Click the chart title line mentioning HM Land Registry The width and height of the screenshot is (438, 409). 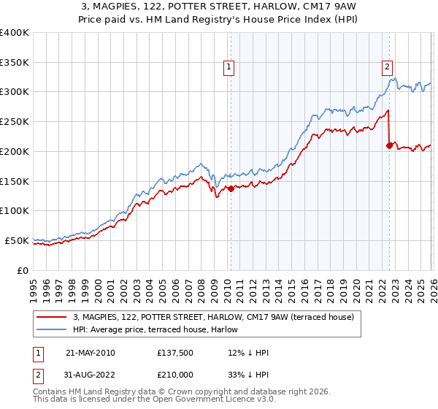218,20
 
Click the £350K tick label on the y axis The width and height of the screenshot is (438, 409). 15,62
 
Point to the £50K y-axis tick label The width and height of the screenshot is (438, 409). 17,240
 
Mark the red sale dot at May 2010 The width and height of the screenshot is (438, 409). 231,188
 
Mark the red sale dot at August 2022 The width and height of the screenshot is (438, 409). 389,146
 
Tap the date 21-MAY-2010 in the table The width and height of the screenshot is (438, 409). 90,353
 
